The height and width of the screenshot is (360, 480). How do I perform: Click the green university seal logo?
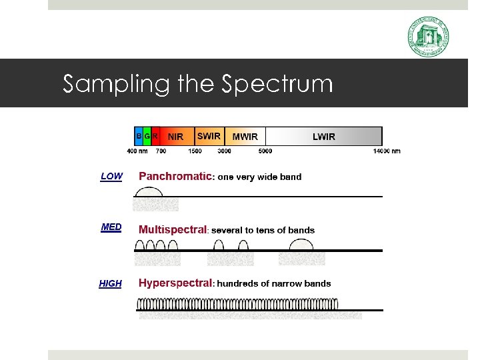(428, 37)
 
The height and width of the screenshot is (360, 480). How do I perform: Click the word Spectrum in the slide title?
(277, 84)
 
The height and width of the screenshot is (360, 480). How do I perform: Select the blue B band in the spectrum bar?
(139, 136)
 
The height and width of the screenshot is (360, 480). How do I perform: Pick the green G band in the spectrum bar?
(147, 136)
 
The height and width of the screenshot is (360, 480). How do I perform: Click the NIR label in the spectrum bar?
(175, 137)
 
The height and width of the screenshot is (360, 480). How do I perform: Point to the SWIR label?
(209, 136)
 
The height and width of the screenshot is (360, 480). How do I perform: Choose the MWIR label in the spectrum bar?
(245, 137)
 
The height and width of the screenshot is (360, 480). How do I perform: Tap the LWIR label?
(324, 137)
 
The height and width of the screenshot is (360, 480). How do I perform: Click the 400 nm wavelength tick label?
(137, 151)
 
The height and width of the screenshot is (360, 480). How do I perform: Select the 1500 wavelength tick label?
(195, 151)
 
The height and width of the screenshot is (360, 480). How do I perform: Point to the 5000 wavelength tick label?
(265, 151)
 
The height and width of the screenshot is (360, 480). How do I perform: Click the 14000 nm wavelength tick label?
(387, 151)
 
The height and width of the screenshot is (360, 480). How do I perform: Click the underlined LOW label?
(111, 177)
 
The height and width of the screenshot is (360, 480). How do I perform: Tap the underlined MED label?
(111, 227)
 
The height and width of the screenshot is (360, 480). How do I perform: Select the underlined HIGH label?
(110, 284)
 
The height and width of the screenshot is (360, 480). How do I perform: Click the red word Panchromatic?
(175, 177)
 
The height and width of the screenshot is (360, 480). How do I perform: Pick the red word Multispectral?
(173, 229)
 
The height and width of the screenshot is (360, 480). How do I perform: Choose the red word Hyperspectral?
(175, 283)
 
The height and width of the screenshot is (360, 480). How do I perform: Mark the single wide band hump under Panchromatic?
(148, 191)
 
